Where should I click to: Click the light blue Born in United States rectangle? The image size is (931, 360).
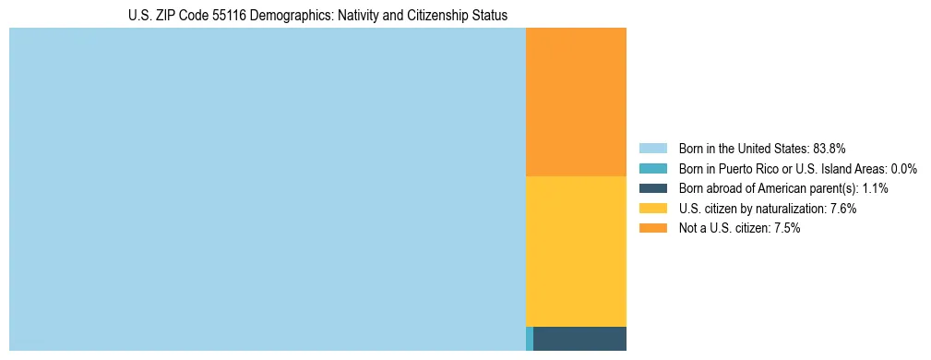(267, 189)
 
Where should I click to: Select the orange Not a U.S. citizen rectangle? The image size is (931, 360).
(576, 102)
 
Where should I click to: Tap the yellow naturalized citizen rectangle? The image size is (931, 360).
(576, 251)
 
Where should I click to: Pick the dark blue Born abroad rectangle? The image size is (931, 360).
(579, 339)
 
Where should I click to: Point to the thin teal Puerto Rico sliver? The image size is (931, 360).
(529, 339)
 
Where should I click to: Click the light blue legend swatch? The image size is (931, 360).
(652, 148)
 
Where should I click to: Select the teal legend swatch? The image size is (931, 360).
(652, 168)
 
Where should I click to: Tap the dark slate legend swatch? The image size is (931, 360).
(652, 188)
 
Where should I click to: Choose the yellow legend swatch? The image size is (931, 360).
(652, 209)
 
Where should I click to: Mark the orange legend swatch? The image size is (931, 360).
(652, 229)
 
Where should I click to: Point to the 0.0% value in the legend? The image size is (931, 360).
(903, 168)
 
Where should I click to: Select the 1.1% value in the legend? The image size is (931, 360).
(875, 188)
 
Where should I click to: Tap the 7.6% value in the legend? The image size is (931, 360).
(843, 209)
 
